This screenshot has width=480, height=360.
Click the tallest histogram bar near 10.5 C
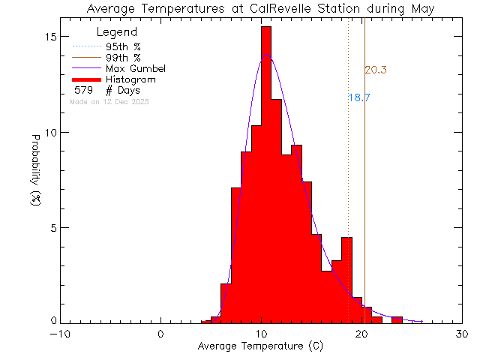(x=266, y=172)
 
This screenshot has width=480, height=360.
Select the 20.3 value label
(x=376, y=70)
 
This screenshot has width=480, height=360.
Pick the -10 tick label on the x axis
(x=61, y=334)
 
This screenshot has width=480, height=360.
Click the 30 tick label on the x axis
(x=462, y=334)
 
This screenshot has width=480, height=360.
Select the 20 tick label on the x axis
(x=361, y=334)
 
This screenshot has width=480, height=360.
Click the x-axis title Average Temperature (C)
(x=261, y=347)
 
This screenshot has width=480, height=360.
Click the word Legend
(x=117, y=32)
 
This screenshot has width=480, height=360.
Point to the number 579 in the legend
(x=83, y=91)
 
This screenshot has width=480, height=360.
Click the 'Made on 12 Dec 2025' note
(x=109, y=101)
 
